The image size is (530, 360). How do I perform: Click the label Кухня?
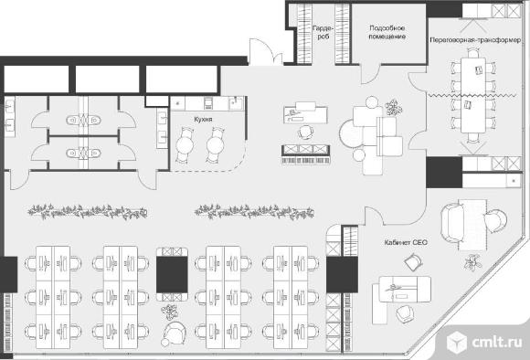[x=203, y=120]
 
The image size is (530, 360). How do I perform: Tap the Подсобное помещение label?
[x=387, y=33]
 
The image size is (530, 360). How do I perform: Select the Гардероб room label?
[x=323, y=33]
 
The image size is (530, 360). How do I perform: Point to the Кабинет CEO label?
[x=406, y=242]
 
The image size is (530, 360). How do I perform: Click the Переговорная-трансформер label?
[x=475, y=40]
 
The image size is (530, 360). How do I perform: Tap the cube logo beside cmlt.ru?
[x=457, y=342]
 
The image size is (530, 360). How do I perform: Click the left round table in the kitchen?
[x=185, y=145]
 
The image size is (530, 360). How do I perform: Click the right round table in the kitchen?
[x=216, y=145]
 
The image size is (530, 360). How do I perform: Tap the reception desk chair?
[x=305, y=132]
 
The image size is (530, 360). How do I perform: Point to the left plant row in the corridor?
[x=87, y=212]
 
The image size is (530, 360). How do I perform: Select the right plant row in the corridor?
[x=254, y=212]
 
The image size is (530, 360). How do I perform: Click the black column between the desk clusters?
[x=172, y=274]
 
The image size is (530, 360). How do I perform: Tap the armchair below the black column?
[x=174, y=332]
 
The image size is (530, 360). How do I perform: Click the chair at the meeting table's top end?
[x=473, y=53]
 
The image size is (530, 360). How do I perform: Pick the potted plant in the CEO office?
[x=472, y=262]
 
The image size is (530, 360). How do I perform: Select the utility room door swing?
[x=371, y=74]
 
